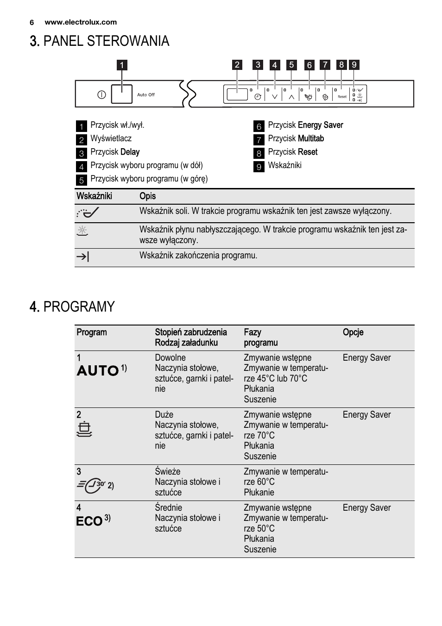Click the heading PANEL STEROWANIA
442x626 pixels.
pyautogui.click(x=100, y=41)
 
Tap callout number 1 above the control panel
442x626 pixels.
pyautogui.click(x=122, y=65)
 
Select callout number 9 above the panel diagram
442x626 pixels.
pyautogui.click(x=354, y=65)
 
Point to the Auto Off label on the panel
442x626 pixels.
pyautogui.click(x=146, y=95)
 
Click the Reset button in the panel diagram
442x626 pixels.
pyautogui.click(x=342, y=96)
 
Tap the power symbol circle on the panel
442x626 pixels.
pyautogui.click(x=102, y=95)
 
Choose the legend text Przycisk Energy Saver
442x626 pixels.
pyautogui.click(x=305, y=125)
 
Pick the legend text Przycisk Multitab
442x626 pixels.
pyautogui.click(x=296, y=138)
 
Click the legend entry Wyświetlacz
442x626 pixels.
pyautogui.click(x=111, y=138)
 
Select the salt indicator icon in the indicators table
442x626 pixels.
pyautogui.click(x=88, y=213)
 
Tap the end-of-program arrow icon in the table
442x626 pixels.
pyautogui.click(x=82, y=257)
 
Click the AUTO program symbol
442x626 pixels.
pyautogui.click(x=98, y=370)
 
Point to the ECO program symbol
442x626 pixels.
pyautogui.click(x=89, y=521)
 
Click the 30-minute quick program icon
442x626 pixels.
pyautogui.click(x=91, y=485)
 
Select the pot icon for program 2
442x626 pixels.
pyautogui.click(x=84, y=430)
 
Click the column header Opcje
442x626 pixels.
pyautogui.click(x=353, y=332)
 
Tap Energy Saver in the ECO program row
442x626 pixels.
pyautogui.click(x=366, y=508)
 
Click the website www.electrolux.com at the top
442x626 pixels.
pyautogui.click(x=81, y=22)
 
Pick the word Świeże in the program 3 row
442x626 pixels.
pyautogui.click(x=168, y=471)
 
